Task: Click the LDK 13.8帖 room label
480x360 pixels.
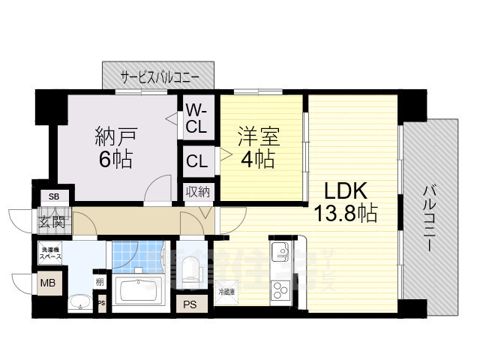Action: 344,202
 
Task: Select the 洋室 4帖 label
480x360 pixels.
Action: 259,148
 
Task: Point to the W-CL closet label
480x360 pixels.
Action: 196,118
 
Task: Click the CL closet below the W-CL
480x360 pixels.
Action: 197,160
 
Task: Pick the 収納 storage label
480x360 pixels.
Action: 198,192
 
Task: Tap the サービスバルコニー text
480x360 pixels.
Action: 160,76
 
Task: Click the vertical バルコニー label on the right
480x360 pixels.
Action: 431,217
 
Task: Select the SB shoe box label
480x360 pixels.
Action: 53,196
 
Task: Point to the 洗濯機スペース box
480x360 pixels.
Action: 51,253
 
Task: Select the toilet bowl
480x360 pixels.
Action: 193,268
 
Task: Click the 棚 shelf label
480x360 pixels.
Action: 99,282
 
